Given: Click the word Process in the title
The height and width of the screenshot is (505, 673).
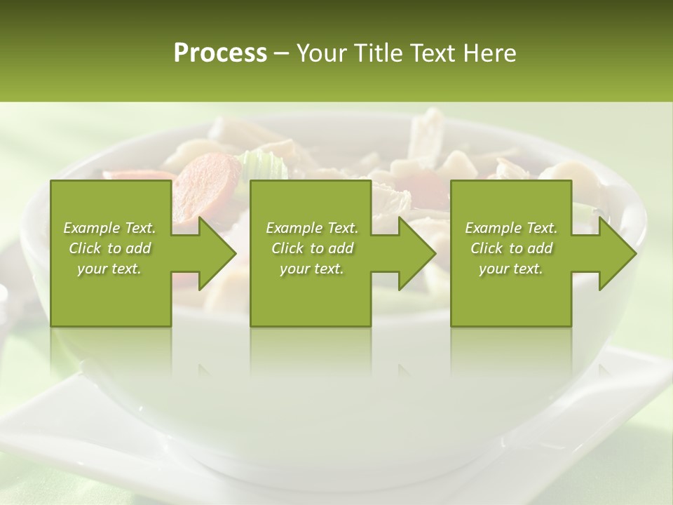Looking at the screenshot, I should click(220, 53).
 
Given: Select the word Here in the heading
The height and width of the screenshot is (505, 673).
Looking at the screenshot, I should click(489, 53).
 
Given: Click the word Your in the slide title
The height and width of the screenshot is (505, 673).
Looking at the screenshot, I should click(322, 53).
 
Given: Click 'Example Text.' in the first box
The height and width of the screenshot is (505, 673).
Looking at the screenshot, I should click(109, 228).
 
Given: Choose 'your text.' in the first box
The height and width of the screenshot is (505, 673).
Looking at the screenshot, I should click(109, 269).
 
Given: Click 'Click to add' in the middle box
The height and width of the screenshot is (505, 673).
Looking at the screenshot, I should click(312, 248).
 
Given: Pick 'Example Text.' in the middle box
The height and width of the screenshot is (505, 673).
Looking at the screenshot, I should click(312, 228).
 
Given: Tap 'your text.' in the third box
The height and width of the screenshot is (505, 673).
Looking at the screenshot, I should click(511, 269).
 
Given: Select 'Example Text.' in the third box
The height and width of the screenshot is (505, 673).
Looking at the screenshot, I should click(511, 228).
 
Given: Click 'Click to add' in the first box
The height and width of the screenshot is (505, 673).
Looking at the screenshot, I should click(109, 248).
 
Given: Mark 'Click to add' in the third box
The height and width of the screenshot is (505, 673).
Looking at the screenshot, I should click(511, 248).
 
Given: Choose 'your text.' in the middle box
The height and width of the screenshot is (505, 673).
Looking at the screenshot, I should click(312, 269).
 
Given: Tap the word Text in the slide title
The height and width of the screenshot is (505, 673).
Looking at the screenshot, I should click(433, 53).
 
